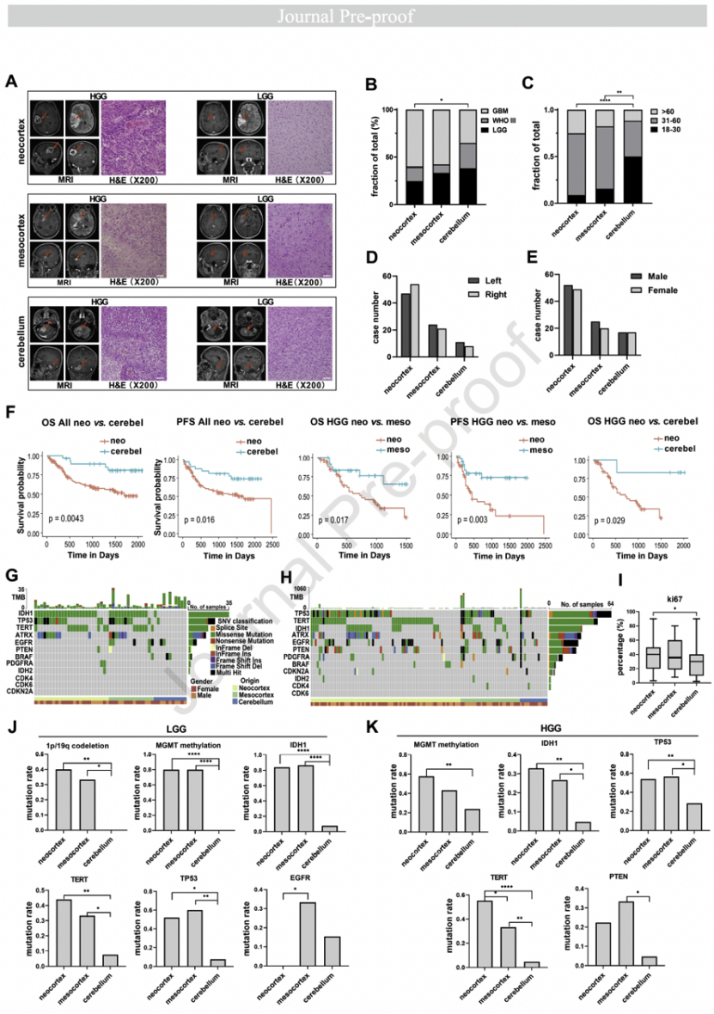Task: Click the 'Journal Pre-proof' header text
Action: pyautogui.click(x=357, y=16)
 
